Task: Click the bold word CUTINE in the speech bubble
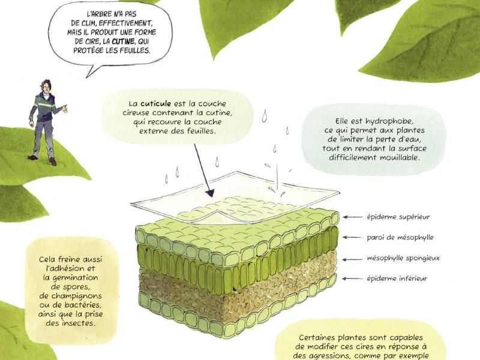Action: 123,41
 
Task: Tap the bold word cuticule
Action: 155,103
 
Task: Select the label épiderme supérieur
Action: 398,217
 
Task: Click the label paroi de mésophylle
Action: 400,238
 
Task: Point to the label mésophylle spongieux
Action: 403,259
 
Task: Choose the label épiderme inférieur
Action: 397,278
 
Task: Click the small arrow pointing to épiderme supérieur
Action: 352,217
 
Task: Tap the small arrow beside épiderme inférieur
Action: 352,278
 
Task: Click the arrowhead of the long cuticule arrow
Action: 210,193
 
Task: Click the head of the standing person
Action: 46,86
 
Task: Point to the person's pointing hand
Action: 65,109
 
